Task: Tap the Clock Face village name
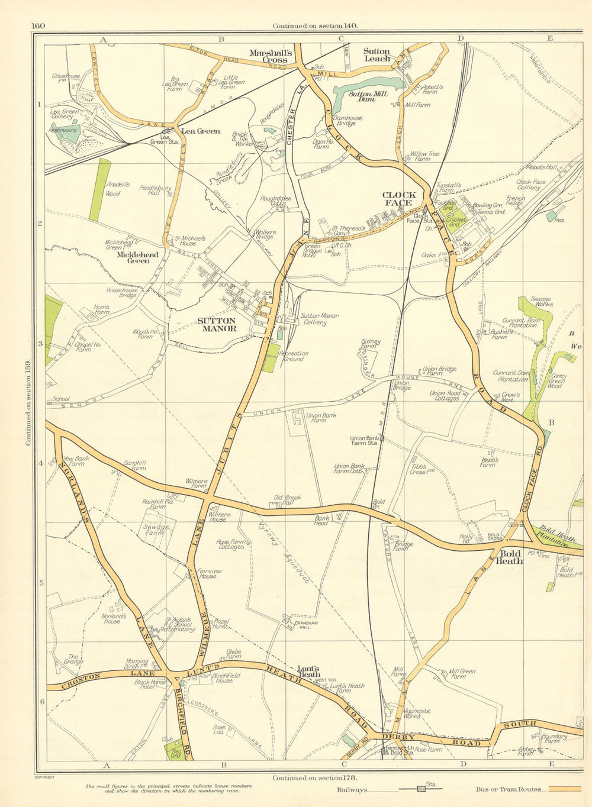[399, 199]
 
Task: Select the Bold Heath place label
[509, 557]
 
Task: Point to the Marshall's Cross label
[269, 56]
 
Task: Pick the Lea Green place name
[201, 131]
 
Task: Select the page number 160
[40, 25]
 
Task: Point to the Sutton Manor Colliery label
[319, 319]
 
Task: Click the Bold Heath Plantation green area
[554, 537]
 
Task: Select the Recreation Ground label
[295, 356]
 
